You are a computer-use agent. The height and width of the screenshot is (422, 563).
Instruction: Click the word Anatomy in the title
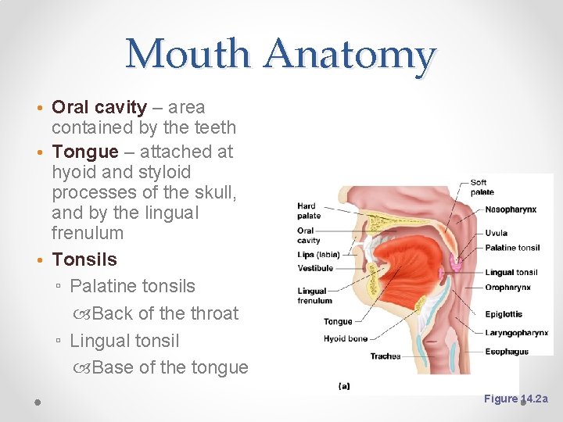350,55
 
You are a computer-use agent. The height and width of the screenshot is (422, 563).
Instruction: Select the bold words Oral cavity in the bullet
99,107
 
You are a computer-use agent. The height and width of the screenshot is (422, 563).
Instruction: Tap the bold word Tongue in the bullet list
85,152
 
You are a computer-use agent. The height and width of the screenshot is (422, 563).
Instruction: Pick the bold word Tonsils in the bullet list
84,259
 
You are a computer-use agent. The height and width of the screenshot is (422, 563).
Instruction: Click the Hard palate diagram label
308,211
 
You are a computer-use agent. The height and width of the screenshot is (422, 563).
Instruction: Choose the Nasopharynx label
511,209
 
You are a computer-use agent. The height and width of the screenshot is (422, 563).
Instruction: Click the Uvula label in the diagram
496,233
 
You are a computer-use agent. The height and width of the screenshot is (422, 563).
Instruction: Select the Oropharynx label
507,288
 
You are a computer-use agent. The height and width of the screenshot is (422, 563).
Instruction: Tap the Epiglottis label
504,314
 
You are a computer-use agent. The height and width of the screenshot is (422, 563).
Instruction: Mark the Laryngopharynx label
516,333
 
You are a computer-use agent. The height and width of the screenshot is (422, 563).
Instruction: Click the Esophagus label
507,352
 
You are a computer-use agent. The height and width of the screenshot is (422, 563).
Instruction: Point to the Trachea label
385,356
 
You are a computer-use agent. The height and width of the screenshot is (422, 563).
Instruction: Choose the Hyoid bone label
346,339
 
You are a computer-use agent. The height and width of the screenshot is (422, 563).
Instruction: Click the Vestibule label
315,268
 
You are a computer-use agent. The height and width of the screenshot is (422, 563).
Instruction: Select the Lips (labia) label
318,254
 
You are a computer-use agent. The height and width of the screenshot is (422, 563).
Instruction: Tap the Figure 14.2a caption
516,399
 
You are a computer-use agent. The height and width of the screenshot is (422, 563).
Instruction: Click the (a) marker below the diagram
344,385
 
